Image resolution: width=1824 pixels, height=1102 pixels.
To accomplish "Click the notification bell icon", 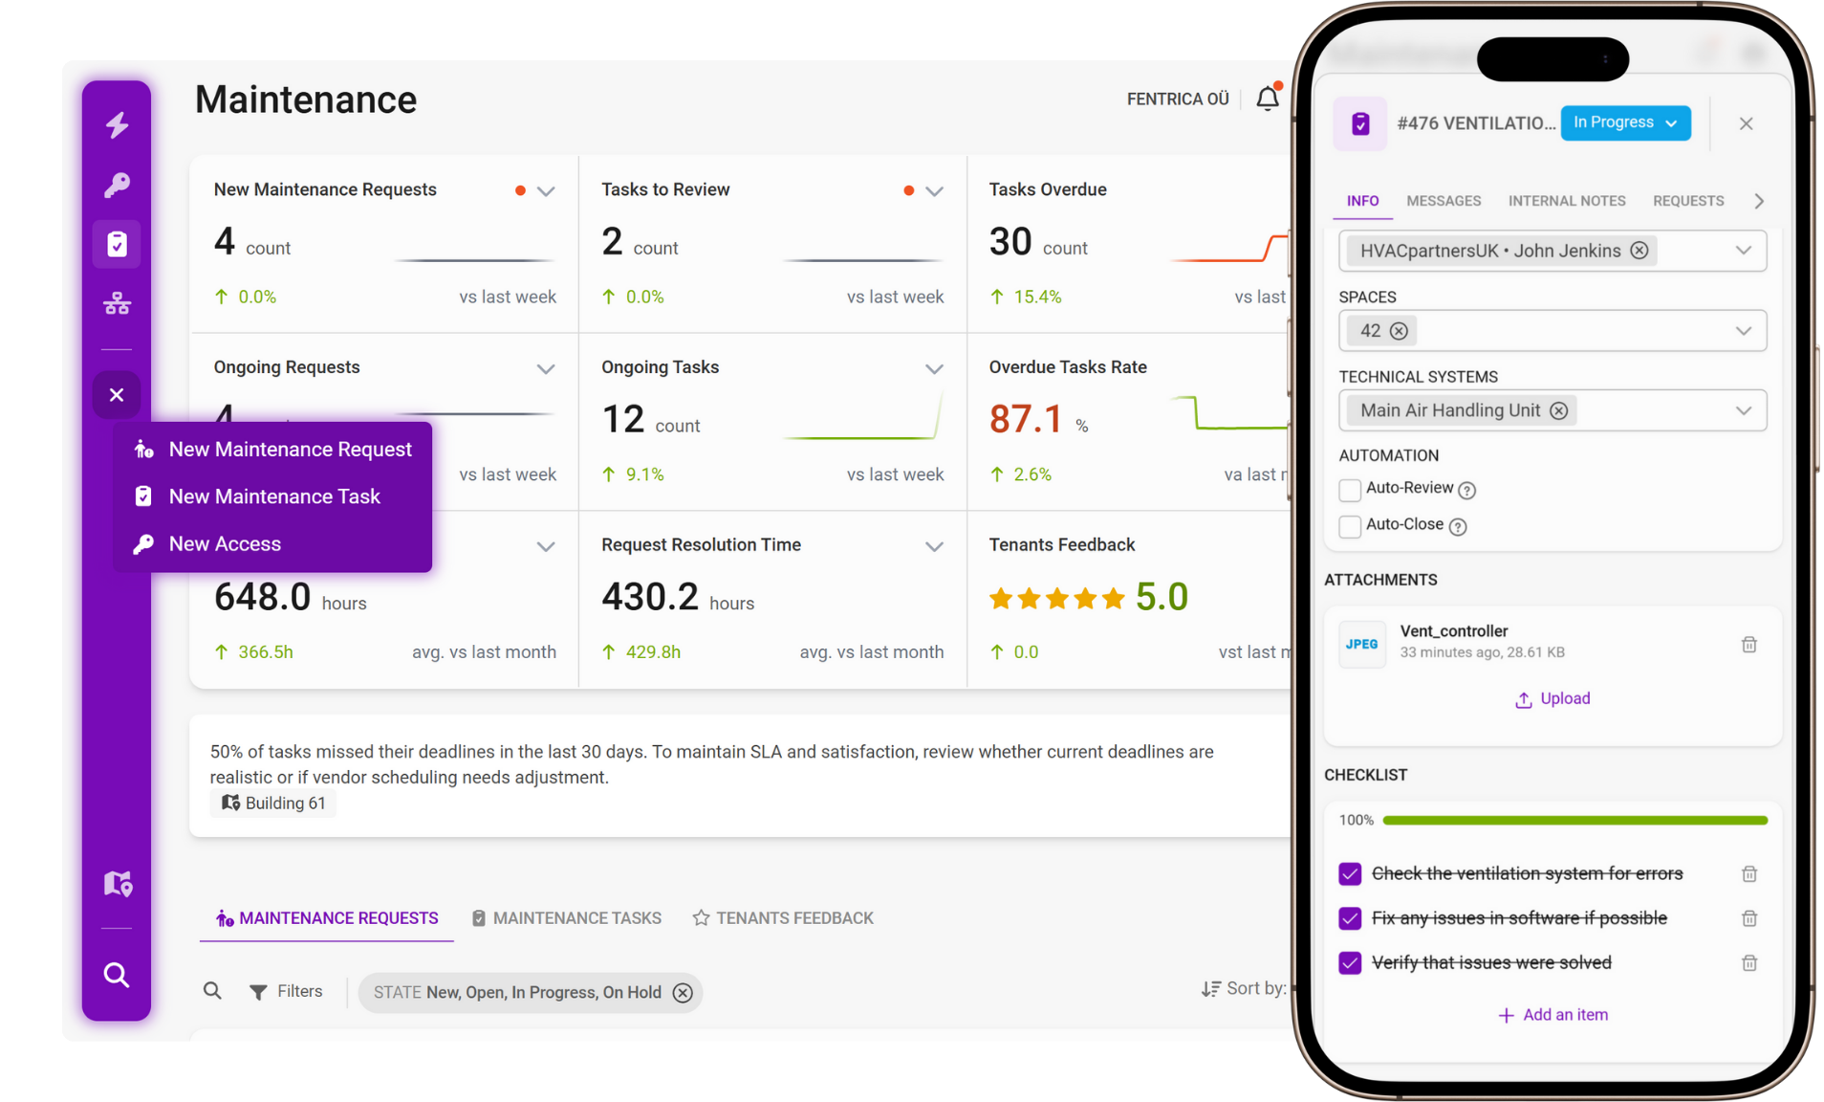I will tap(1267, 99).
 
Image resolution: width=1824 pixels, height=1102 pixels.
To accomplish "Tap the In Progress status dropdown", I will tap(1624, 122).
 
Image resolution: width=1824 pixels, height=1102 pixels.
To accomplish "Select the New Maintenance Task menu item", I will tap(273, 496).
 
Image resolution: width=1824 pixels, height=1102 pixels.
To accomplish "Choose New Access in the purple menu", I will tap(225, 544).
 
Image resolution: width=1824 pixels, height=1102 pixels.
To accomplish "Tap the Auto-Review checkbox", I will tap(1350, 490).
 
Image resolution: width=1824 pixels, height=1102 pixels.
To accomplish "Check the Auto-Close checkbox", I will tap(1350, 526).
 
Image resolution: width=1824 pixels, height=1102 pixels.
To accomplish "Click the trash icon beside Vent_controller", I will tap(1748, 645).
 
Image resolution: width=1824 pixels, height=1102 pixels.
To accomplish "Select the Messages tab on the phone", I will tap(1444, 201).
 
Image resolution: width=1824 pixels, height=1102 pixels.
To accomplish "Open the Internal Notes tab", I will tap(1566, 201).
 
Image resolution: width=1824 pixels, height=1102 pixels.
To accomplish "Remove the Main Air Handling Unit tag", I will tap(1559, 411).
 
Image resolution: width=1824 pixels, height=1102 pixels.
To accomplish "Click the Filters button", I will tap(286, 992).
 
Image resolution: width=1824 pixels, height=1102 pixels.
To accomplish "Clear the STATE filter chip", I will tap(683, 993).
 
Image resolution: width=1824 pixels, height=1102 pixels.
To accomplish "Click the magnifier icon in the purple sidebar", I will tap(117, 975).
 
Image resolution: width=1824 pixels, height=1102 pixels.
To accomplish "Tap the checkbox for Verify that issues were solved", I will tap(1350, 963).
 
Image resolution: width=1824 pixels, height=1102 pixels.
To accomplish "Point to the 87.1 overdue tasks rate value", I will tap(1025, 419).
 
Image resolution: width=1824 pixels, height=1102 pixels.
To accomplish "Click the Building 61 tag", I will tap(273, 804).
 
